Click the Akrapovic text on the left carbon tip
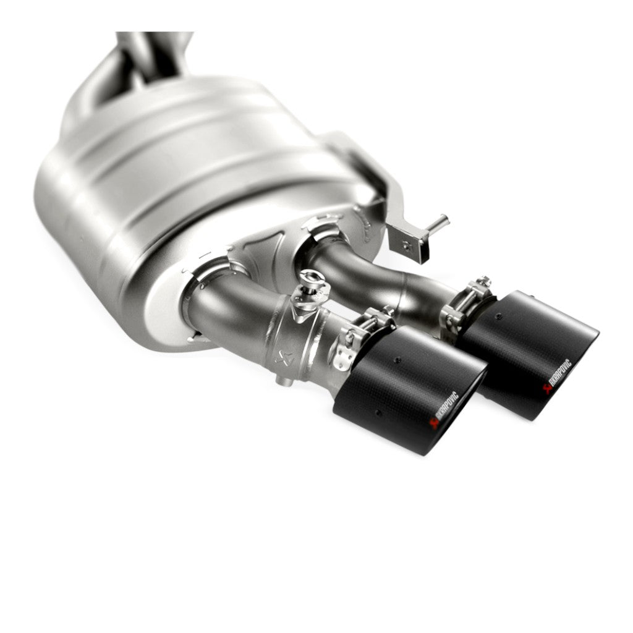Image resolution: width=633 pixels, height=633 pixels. (x=446, y=404)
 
